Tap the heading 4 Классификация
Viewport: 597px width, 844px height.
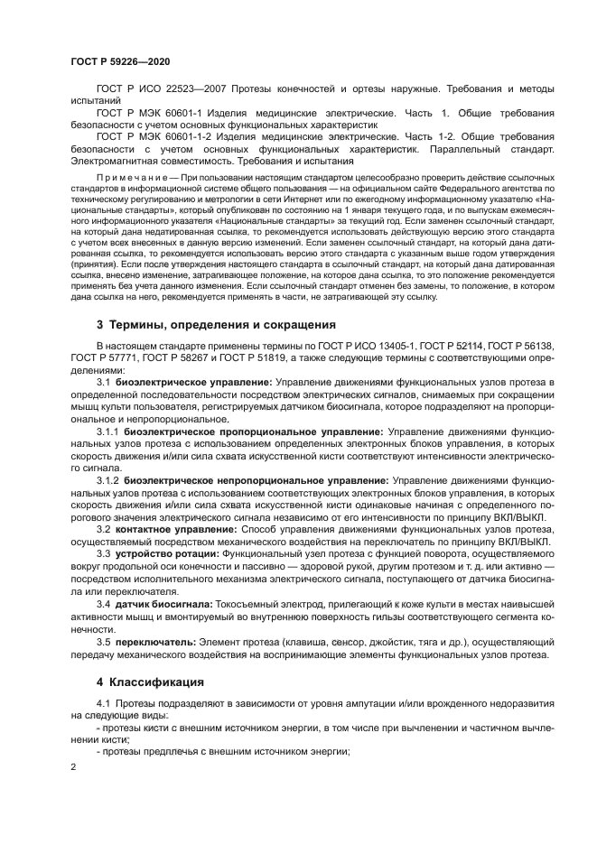pyautogui.click(x=150, y=679)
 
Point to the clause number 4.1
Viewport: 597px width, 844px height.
pyautogui.click(x=103, y=702)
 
